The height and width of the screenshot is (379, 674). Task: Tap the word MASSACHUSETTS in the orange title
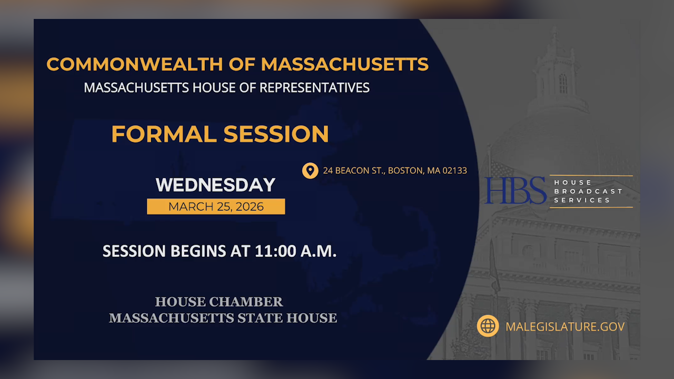pos(344,64)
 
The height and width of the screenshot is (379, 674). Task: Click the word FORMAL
pos(164,134)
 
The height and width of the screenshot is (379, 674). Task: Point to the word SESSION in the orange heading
pos(276,134)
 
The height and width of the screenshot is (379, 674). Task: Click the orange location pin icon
pos(310,171)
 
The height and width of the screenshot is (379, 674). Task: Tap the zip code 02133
pos(454,171)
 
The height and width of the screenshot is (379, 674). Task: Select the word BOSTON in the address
pos(405,171)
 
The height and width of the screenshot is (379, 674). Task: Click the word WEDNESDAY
pos(216,185)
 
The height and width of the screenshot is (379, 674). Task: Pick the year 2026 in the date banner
pos(250,206)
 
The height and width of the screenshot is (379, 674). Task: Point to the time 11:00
pos(275,251)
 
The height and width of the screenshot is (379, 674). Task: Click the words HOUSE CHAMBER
pos(219,302)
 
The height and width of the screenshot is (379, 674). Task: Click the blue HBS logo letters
pos(516,191)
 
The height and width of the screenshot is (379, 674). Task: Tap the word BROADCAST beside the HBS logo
pos(588,191)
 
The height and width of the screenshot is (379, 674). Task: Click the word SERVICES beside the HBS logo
pos(582,200)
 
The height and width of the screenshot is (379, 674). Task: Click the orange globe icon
pos(488,326)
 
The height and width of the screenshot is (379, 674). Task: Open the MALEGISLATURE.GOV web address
pos(564,326)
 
